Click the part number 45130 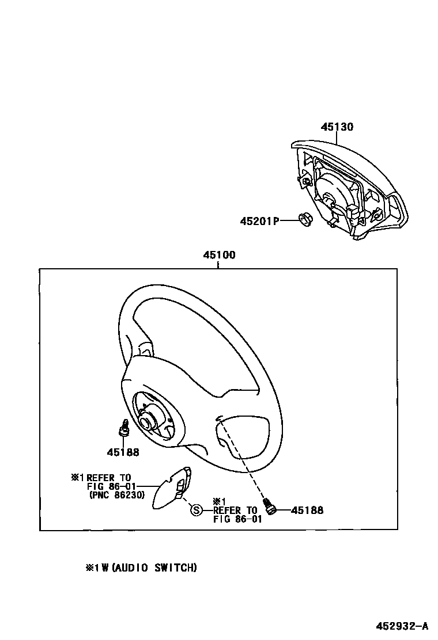pos(337,127)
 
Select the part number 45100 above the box pos(218,256)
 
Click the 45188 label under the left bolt pos(122,452)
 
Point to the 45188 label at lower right pos(307,510)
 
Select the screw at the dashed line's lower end pos(270,505)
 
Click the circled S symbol pos(197,510)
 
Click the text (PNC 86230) pos(117,494)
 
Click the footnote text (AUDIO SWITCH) pos(154,568)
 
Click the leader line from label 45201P pos(288,220)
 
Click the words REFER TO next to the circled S pos(235,510)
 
